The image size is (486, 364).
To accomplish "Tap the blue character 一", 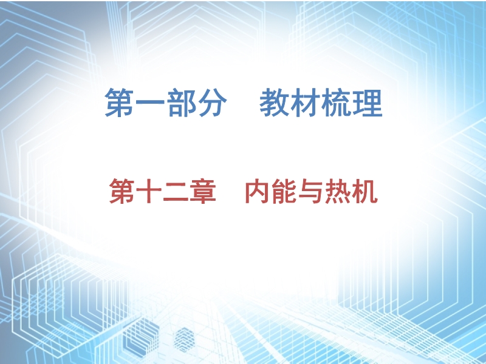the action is [150, 103].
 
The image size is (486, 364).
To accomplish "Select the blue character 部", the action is [181, 103].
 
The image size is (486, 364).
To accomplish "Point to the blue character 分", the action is [212, 103].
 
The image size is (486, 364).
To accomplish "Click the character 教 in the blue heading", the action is [274, 103].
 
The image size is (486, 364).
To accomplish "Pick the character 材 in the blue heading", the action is [305, 103].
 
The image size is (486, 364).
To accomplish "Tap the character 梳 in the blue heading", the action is [336, 103].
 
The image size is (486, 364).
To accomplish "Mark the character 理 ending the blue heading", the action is [368, 103].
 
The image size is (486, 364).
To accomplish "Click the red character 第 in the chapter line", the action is [122, 191].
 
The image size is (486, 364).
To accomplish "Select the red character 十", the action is [149, 191].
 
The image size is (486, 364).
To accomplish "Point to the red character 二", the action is [176, 192].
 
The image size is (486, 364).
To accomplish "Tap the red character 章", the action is [203, 191].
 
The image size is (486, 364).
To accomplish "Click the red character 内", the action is [257, 191].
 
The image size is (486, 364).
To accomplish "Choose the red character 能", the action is [284, 191].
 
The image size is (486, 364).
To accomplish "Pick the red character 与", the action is [311, 191].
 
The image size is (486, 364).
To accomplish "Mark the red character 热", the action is [338, 191].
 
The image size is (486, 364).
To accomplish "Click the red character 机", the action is [365, 191].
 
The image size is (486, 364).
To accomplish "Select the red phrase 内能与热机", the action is [312, 191].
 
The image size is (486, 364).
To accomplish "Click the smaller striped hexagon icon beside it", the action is [184, 340].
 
